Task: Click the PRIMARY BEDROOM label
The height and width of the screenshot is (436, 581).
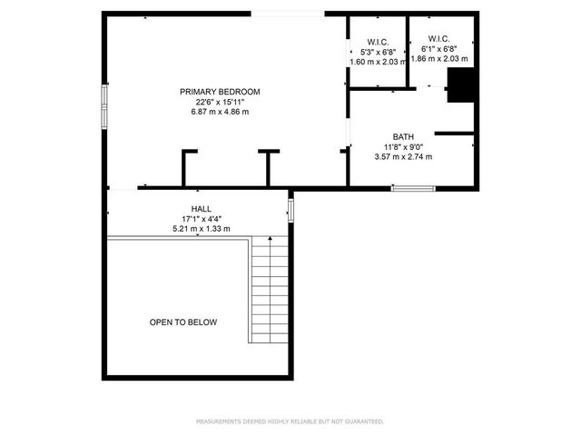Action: click(x=220, y=91)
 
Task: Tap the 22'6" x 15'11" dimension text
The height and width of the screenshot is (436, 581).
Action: click(x=220, y=102)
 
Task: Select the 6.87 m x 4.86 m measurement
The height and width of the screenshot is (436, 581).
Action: click(x=220, y=112)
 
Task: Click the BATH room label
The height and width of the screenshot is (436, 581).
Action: click(x=403, y=136)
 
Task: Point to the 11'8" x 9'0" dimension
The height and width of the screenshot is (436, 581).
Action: click(x=403, y=146)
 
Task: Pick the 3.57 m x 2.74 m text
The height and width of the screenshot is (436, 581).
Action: click(x=403, y=156)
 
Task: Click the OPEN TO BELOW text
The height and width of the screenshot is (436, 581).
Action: click(x=183, y=322)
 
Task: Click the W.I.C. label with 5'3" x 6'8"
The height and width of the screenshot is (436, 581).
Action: click(x=379, y=43)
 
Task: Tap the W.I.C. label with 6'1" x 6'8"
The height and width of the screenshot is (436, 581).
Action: click(x=438, y=40)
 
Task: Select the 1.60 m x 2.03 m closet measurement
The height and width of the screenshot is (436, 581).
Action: click(x=379, y=63)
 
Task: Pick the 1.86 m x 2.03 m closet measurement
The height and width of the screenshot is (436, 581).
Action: click(x=439, y=59)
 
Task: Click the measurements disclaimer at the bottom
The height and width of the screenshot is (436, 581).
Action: click(x=290, y=421)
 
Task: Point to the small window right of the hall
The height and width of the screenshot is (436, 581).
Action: click(x=291, y=210)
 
